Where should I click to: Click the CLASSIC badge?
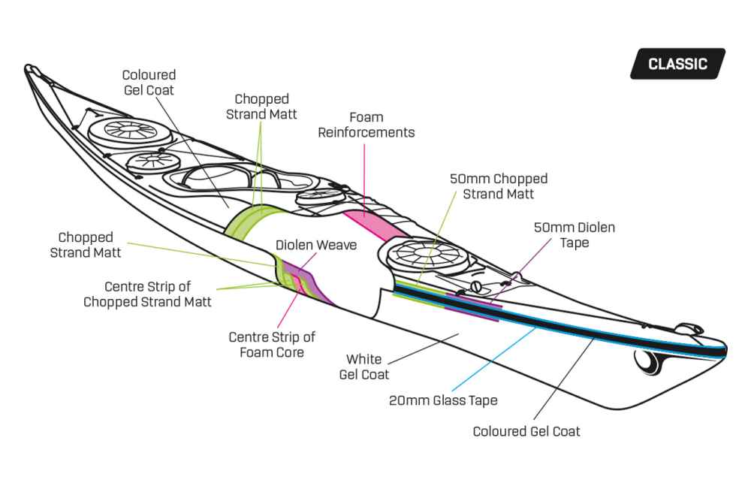(x=677, y=64)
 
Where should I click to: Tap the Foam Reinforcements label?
(x=366, y=125)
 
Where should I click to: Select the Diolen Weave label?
(x=315, y=246)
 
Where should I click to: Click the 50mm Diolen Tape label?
(x=574, y=234)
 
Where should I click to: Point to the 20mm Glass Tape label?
(x=443, y=400)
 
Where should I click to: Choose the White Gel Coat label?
(x=364, y=367)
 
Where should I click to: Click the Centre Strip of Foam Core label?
(x=272, y=345)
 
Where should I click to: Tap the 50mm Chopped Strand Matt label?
(x=498, y=186)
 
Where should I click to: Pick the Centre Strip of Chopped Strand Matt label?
(x=147, y=294)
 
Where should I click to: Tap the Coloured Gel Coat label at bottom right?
(x=526, y=431)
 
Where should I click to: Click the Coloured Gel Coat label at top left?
(x=149, y=83)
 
